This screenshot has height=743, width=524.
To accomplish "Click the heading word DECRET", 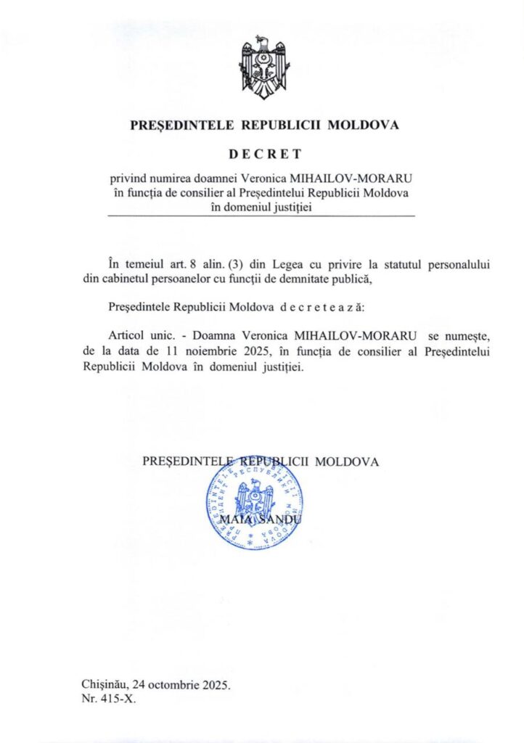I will click(x=264, y=154).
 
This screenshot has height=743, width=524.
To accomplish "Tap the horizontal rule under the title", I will click(x=261, y=217).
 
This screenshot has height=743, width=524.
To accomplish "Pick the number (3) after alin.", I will click(x=250, y=265).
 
